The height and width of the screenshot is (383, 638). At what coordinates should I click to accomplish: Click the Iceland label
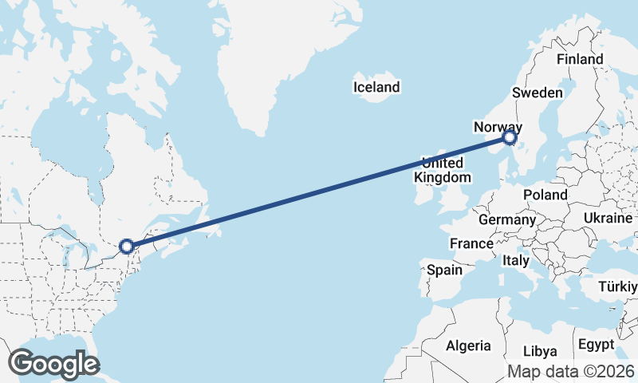(377, 86)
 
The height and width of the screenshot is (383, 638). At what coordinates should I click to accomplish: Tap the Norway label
(497, 127)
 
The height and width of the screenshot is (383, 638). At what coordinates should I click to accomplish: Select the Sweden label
(537, 93)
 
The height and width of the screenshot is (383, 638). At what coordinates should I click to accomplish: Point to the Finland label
(580, 59)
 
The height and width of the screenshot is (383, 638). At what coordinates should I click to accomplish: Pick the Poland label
(545, 195)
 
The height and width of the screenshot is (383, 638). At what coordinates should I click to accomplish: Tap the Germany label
(507, 219)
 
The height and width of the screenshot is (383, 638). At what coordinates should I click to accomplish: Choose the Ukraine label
(608, 218)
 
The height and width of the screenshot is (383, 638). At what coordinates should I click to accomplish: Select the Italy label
(515, 260)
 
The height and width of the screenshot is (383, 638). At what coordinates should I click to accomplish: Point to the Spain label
(444, 270)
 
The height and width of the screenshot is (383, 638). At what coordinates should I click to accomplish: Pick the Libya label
(540, 351)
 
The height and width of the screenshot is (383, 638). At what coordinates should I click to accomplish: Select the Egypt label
(596, 345)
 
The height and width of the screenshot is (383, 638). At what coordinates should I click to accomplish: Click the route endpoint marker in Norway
(510, 139)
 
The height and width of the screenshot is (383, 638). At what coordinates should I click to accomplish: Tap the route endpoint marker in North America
(126, 247)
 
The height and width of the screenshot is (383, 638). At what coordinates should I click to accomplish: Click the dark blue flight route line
(319, 192)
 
